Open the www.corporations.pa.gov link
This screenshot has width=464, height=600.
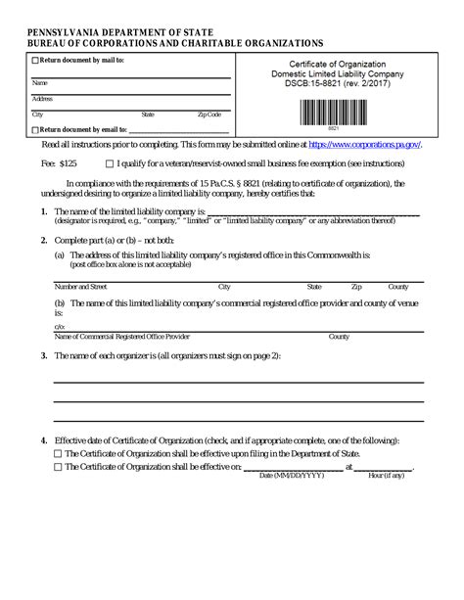[x=364, y=145]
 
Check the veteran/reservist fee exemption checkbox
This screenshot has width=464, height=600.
[x=109, y=164]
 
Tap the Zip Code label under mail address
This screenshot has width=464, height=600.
[x=209, y=115]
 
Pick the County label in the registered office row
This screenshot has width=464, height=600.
[x=398, y=288]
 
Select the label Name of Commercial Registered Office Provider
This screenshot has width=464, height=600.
[x=121, y=336]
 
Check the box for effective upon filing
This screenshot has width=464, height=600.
[x=57, y=454]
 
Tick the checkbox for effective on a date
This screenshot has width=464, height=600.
[x=57, y=467]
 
